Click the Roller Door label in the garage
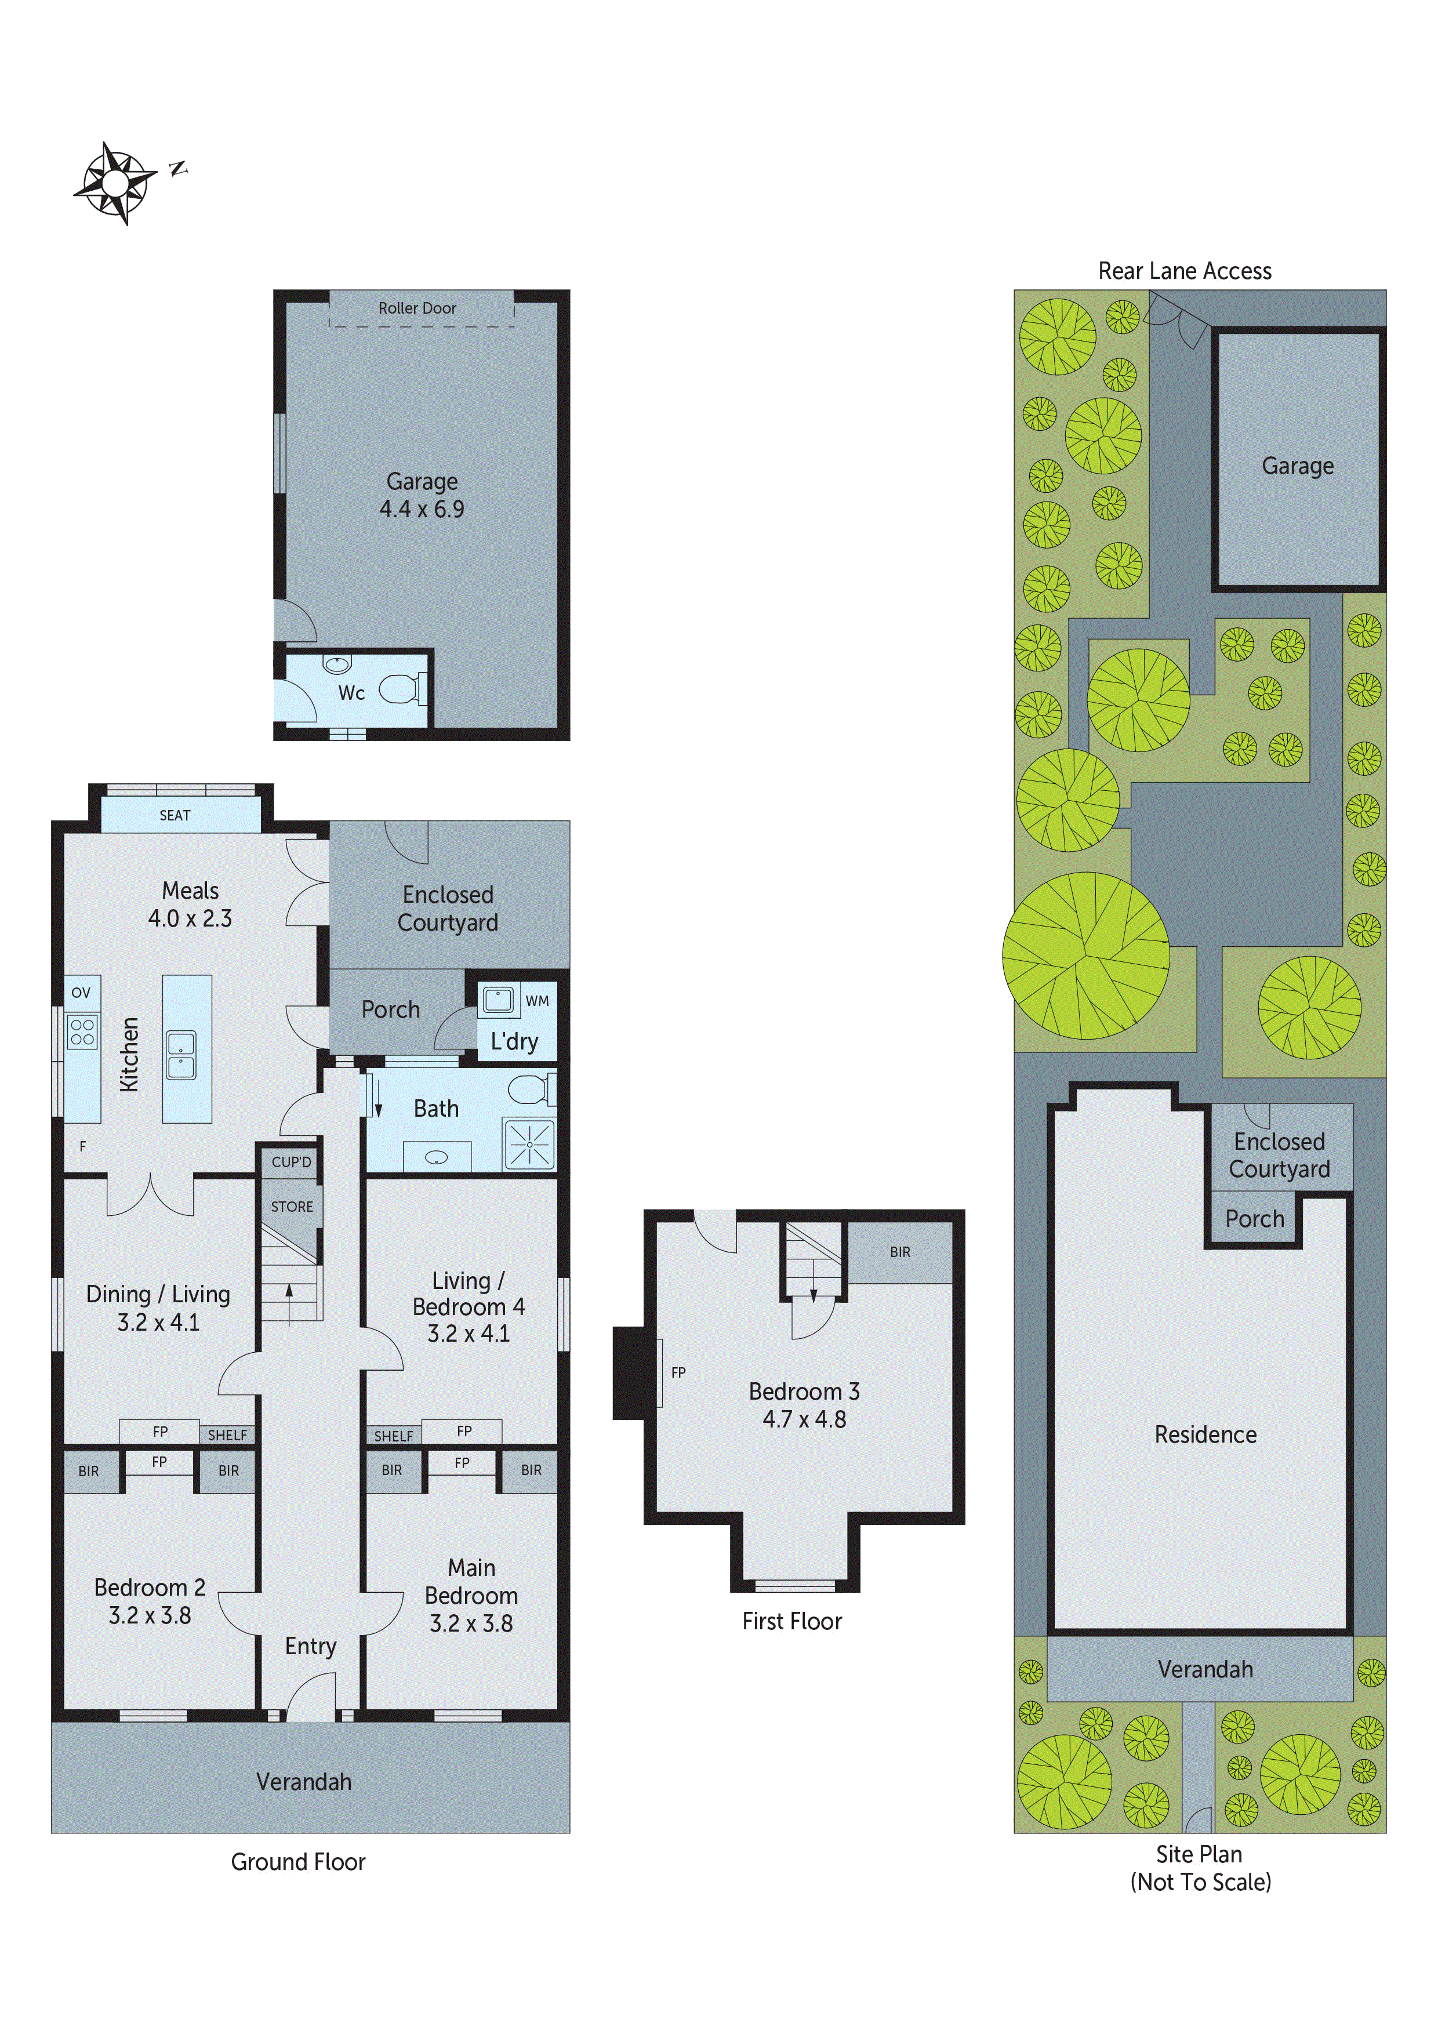click(417, 308)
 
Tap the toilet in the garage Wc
click(403, 688)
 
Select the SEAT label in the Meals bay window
click(175, 815)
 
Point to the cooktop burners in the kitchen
click(82, 1032)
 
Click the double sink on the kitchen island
click(181, 1054)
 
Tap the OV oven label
click(81, 992)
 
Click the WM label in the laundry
click(537, 1001)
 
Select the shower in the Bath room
click(529, 1143)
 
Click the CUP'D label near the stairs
click(292, 1161)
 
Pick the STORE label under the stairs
click(292, 1207)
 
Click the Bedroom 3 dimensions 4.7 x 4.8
click(804, 1419)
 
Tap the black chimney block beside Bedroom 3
click(629, 1372)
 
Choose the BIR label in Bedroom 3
click(899, 1252)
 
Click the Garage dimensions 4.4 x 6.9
click(422, 510)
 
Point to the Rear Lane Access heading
click(1185, 271)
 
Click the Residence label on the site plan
click(1205, 1434)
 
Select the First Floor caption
click(791, 1621)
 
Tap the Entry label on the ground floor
click(310, 1646)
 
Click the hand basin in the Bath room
click(436, 1157)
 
